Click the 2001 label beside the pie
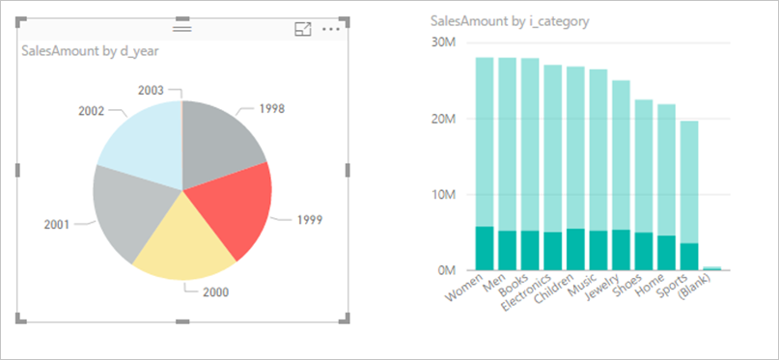(57, 224)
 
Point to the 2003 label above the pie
(151, 90)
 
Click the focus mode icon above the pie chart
(303, 29)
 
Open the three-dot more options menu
(331, 29)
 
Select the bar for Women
(485, 145)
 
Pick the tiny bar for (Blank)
(711, 268)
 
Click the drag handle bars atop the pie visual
(182, 29)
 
